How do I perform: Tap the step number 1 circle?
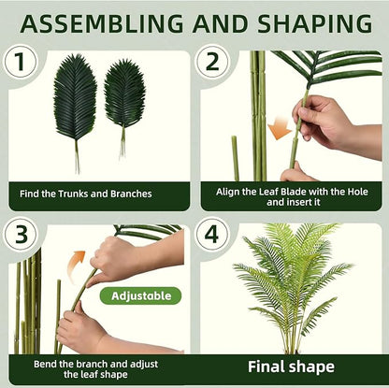[x=21, y=63]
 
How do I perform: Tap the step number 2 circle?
[x=212, y=63]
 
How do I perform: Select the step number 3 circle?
[x=21, y=234]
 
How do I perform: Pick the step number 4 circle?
[x=212, y=234]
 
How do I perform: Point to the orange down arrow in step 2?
[x=279, y=127]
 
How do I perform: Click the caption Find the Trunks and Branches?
[x=97, y=194]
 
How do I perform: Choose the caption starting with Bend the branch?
[x=97, y=367]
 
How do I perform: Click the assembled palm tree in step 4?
[x=293, y=280]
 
